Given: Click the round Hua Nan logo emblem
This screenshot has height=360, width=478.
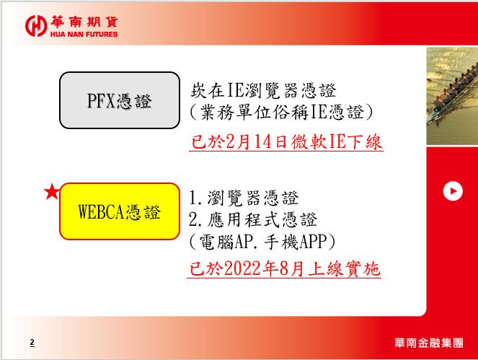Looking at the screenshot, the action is pos(36,26).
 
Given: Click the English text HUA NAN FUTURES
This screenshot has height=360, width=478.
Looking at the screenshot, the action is pos(84,34).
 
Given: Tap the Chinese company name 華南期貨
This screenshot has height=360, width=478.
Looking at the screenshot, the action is pos(84,22).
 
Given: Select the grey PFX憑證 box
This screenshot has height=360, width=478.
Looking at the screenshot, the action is pos(120,100).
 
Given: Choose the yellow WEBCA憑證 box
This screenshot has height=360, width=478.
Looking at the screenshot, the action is pos(120,211).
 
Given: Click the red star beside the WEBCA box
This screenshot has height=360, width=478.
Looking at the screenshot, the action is pos(52,192).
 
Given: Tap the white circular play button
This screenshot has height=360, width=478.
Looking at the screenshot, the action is pos(453,191).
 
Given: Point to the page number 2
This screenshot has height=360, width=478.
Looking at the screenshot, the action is pos(32,342).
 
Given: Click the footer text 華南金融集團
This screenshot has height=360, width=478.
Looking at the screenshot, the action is pos(429,343).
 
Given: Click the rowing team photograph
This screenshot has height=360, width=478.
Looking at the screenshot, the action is pos(452,96).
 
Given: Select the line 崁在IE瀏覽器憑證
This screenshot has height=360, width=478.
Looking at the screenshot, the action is pos(263,90).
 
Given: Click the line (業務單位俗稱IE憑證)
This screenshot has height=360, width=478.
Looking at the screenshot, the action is pos(281,113).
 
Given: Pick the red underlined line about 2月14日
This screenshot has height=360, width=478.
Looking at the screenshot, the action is pos(286,142).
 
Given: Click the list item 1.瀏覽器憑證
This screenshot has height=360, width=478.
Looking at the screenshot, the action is pos(244,198).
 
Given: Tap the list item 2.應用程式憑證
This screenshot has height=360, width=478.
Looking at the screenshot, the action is pos(253,219).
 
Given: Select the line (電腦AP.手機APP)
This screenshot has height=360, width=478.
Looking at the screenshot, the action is pos(262,242).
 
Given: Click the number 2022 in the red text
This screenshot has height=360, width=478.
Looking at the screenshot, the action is pos(243,269).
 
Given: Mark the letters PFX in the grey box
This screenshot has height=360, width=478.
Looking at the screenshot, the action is pos(101,101).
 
